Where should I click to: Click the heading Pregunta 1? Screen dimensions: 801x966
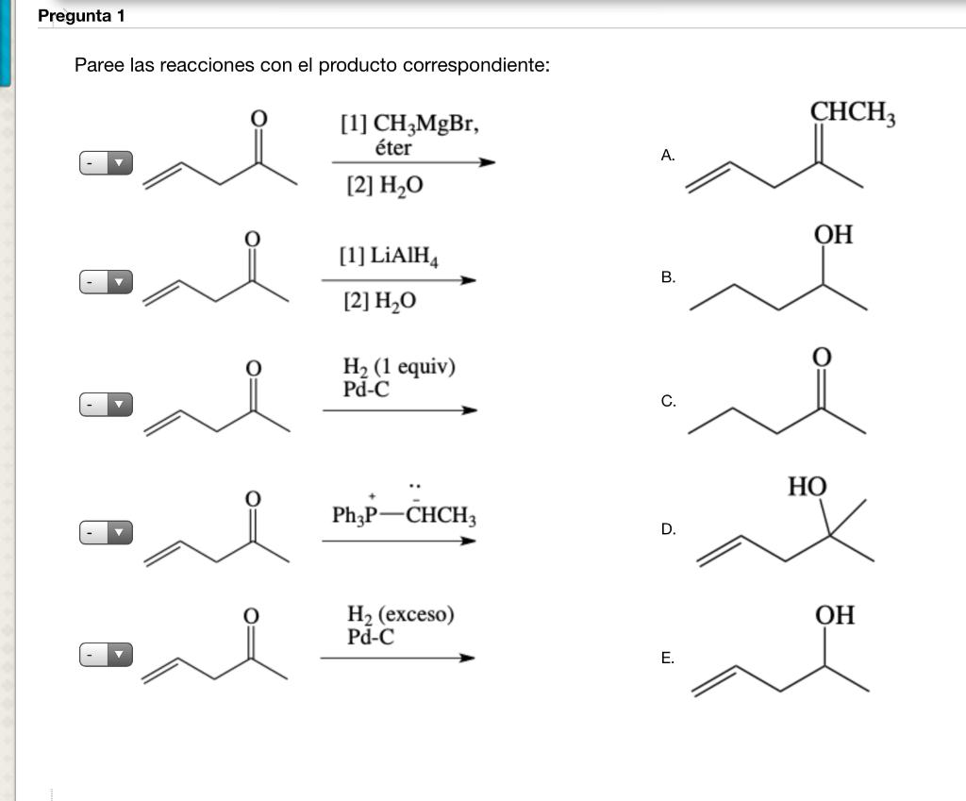[x=81, y=16]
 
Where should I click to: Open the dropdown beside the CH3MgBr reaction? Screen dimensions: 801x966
[x=105, y=163]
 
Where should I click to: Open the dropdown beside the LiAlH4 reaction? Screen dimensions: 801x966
[x=105, y=281]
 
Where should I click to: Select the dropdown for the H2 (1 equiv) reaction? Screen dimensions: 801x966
[x=105, y=405]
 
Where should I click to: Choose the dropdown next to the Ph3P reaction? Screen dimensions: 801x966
[x=105, y=533]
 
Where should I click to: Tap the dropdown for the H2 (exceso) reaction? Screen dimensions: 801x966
[x=105, y=654]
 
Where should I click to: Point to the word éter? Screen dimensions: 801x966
[x=393, y=148]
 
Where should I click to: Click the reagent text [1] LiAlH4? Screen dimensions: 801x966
[x=389, y=256]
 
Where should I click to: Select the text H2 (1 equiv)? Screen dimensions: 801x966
[x=399, y=367]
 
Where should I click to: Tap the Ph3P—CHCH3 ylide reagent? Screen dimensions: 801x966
[x=404, y=515]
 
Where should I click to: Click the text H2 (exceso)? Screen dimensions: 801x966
[x=400, y=615]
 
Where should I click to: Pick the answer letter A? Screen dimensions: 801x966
[x=668, y=156]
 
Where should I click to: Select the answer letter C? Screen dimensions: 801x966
[x=668, y=401]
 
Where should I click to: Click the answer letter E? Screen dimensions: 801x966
[x=668, y=659]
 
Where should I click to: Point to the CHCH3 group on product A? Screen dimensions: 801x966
[x=853, y=113]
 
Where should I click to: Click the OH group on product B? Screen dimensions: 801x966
[x=834, y=235]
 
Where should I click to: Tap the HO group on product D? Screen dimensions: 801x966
[x=808, y=487]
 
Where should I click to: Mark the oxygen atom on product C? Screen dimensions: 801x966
[x=822, y=357]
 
